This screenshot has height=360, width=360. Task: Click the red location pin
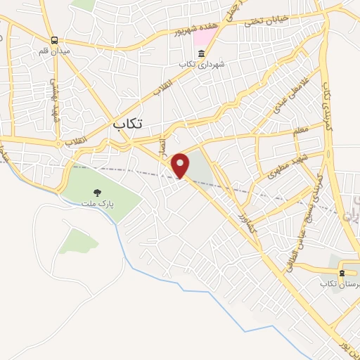[181, 165]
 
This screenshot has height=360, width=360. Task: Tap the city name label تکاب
[127, 123]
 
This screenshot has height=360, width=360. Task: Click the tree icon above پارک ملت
[97, 191]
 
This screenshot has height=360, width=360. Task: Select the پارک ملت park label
[96, 203]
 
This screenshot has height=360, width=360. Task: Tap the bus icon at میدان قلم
[55, 41]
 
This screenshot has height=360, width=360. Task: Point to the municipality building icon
[202, 53]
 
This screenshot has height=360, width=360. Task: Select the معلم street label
[298, 131]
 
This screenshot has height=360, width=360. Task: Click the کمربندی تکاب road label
[326, 106]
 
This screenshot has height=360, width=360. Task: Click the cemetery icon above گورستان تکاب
[342, 272]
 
